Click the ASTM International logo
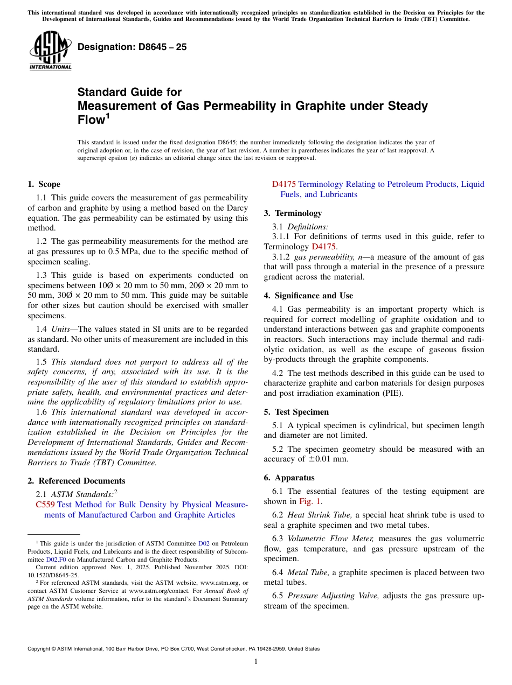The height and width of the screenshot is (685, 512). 50,50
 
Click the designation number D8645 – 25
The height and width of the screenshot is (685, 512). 132,47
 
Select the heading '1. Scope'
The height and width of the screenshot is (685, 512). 44,184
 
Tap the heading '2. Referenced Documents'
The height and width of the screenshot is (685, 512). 76,481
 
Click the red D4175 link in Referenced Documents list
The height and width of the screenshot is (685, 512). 283,184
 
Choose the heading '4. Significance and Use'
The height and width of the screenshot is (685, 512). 308,296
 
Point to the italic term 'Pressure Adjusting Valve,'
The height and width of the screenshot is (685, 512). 333,596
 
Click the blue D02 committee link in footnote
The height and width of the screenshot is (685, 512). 204,543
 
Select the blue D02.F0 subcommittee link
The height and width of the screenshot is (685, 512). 56,560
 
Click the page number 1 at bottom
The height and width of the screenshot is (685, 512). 256,662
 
